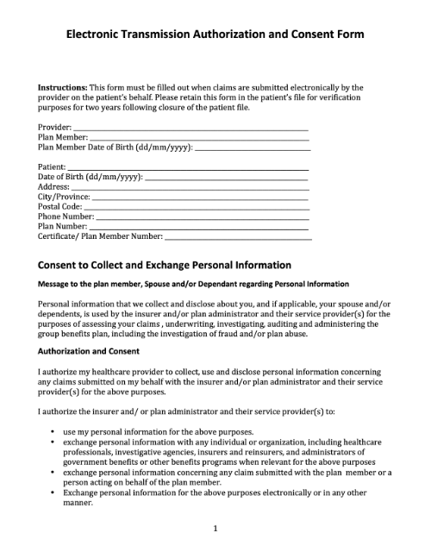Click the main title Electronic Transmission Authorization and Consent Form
pyautogui.click(x=215, y=35)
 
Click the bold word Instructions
pyautogui.click(x=61, y=88)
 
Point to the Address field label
pyautogui.click(x=53, y=186)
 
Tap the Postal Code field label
pyautogui.click(x=59, y=207)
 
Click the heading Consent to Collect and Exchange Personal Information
pyautogui.click(x=165, y=265)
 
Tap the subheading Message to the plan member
pyautogui.click(x=193, y=284)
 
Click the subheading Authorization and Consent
pyautogui.click(x=94, y=352)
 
